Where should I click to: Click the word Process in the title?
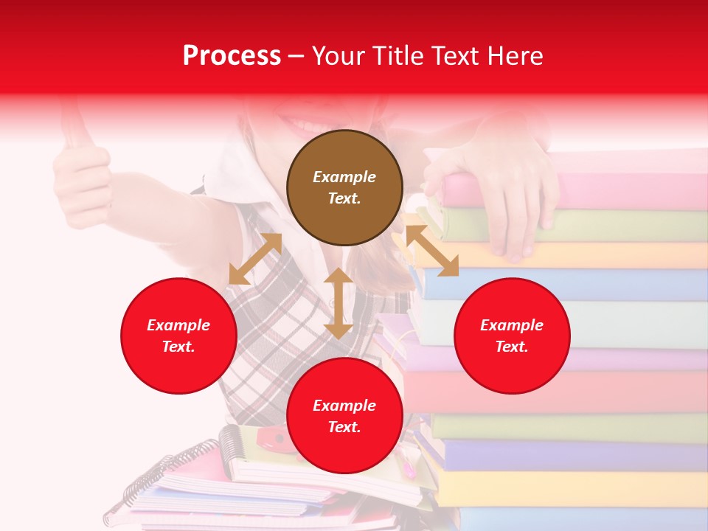pos(232,55)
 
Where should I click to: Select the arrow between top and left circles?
pos(255,259)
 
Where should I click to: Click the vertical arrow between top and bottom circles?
pos(338,302)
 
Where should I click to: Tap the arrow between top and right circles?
pos(432,251)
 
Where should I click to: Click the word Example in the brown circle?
pos(344,177)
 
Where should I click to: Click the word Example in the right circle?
pos(511,325)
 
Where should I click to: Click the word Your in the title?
pos(337,55)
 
